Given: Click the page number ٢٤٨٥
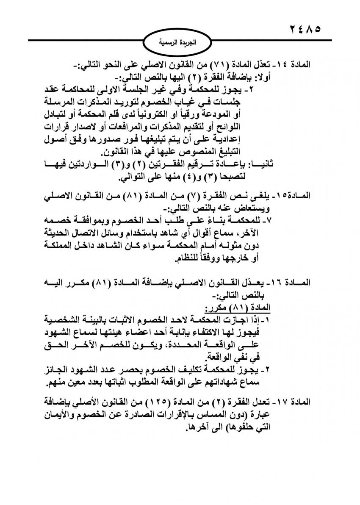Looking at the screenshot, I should tap(302, 30).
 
